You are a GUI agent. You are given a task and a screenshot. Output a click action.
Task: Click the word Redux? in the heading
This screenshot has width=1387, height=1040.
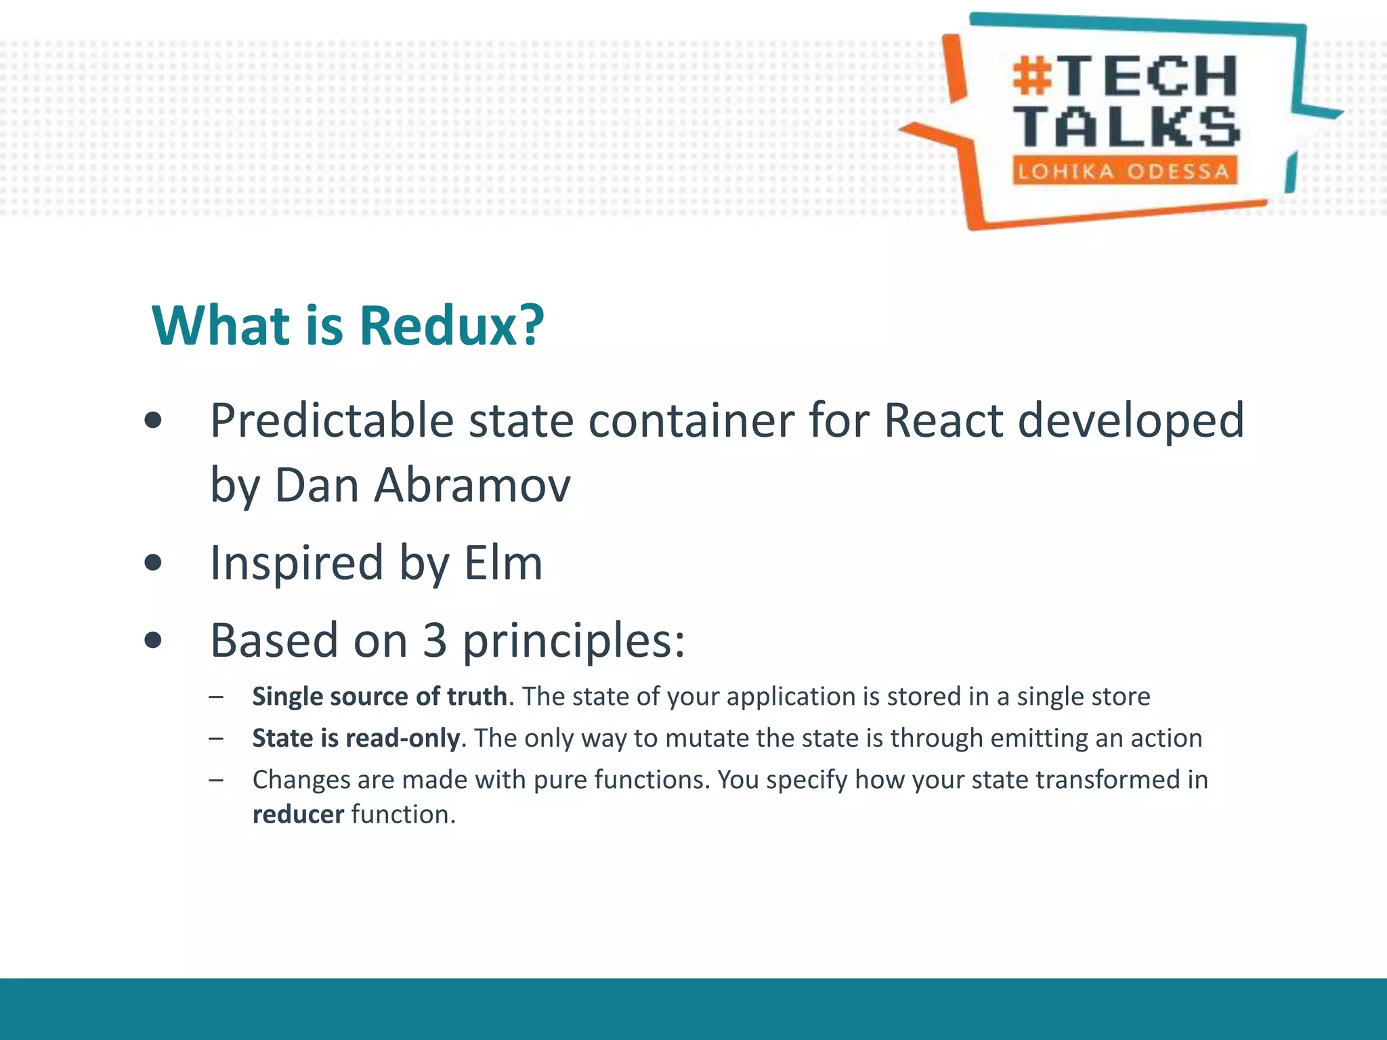452,326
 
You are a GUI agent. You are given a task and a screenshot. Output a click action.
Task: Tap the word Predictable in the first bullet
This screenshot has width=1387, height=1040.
331,421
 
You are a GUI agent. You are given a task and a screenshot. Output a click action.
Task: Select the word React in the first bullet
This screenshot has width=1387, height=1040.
943,421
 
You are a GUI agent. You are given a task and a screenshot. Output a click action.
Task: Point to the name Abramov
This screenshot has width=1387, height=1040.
473,485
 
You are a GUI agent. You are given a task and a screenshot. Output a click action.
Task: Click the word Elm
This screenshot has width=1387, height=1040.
503,563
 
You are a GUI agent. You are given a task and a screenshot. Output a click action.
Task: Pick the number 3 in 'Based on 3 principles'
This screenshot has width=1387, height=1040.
435,641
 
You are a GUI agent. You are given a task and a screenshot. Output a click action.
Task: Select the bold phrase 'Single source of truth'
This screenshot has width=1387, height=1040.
379,697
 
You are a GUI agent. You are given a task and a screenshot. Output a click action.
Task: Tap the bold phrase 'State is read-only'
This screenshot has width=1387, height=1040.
356,738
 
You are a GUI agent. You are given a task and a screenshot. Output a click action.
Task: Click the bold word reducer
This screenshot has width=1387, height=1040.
298,815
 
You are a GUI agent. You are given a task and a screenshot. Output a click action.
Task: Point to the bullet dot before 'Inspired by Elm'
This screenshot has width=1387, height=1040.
154,563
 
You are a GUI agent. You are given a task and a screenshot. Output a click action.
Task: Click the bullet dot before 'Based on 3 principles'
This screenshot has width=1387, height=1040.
154,641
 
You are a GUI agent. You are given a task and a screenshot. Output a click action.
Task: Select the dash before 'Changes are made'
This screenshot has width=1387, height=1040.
216,780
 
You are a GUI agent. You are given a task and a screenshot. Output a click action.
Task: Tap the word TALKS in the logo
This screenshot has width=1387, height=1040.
1128,127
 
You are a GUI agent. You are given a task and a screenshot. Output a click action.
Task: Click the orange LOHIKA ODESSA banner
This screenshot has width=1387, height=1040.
1124,171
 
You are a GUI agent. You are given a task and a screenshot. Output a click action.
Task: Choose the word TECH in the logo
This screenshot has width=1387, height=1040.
1149,76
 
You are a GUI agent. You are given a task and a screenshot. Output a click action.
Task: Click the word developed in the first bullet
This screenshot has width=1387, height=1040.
1131,421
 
